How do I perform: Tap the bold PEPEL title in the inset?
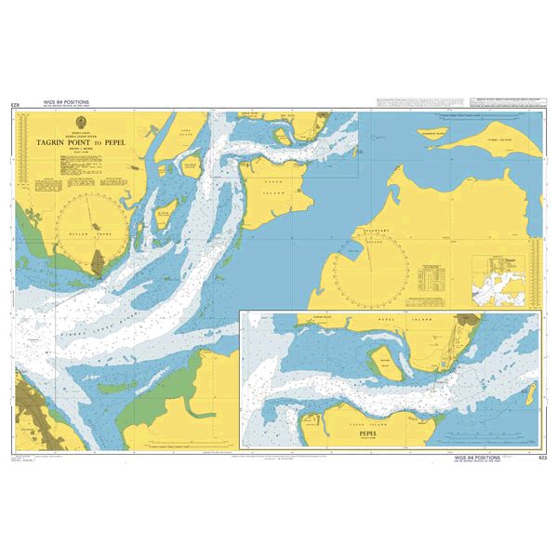pyautogui.click(x=382, y=432)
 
